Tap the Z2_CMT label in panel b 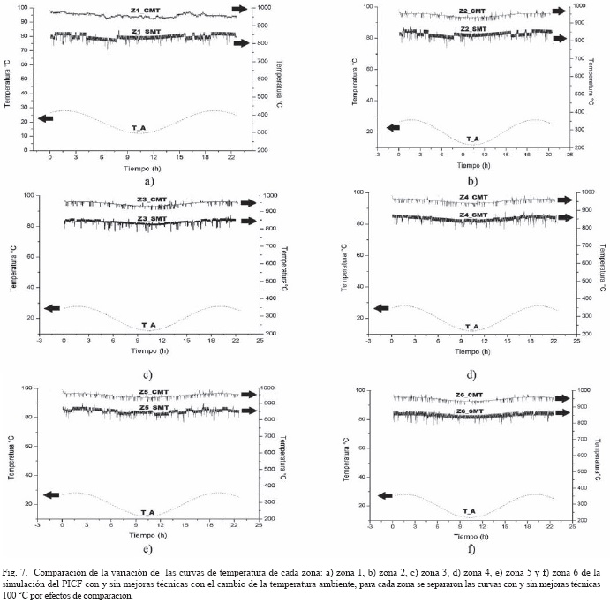pyautogui.click(x=472, y=11)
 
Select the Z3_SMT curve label pyautogui.click(x=152, y=217)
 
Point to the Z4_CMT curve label pyautogui.click(x=473, y=197)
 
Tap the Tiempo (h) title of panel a pyautogui.click(x=136, y=168)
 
